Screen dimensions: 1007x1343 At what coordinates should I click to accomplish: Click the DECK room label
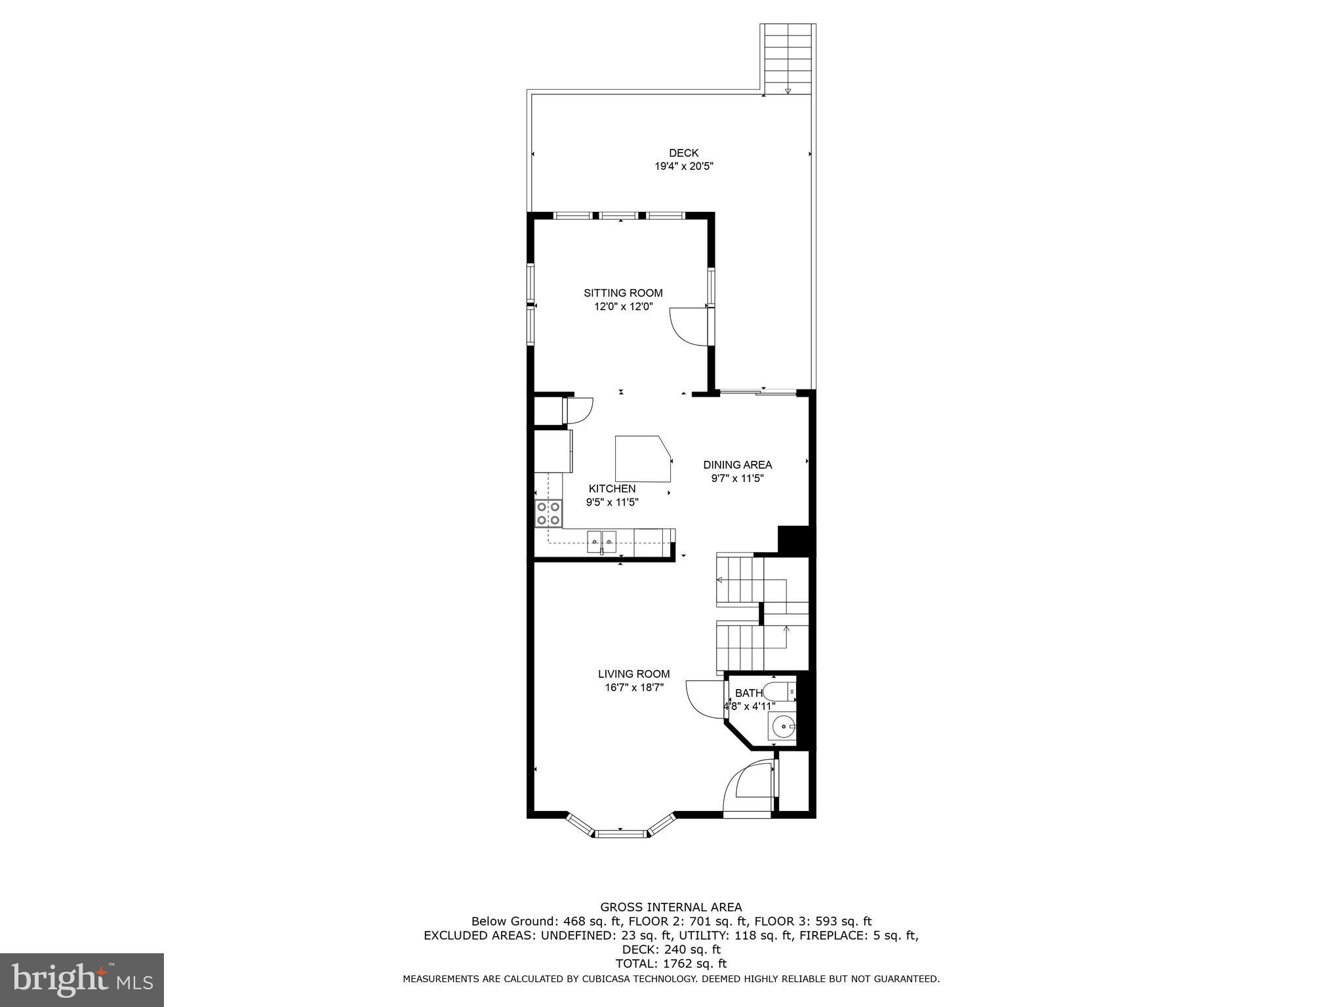(x=683, y=153)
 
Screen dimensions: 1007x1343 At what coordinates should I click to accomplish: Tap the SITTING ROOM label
(x=623, y=293)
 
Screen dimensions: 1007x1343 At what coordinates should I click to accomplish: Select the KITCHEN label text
(x=612, y=488)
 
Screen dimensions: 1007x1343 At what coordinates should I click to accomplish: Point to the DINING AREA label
(x=737, y=465)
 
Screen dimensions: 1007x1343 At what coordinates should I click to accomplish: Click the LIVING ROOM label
(x=633, y=674)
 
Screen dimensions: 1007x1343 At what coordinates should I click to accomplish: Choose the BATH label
(x=748, y=693)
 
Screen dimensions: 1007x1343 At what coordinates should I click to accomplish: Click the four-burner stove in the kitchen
(x=548, y=513)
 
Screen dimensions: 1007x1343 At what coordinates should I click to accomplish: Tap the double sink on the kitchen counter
(x=143, y=542)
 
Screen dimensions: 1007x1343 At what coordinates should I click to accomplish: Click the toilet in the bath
(x=780, y=692)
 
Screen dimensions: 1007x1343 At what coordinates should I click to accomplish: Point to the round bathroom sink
(x=782, y=726)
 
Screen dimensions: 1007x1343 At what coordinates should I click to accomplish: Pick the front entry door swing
(x=748, y=789)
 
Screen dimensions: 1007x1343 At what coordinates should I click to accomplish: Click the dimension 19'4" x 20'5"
(x=683, y=167)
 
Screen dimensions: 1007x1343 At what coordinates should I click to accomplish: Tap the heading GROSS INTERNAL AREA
(x=671, y=907)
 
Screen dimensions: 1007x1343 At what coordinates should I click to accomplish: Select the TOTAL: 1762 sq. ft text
(x=671, y=964)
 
